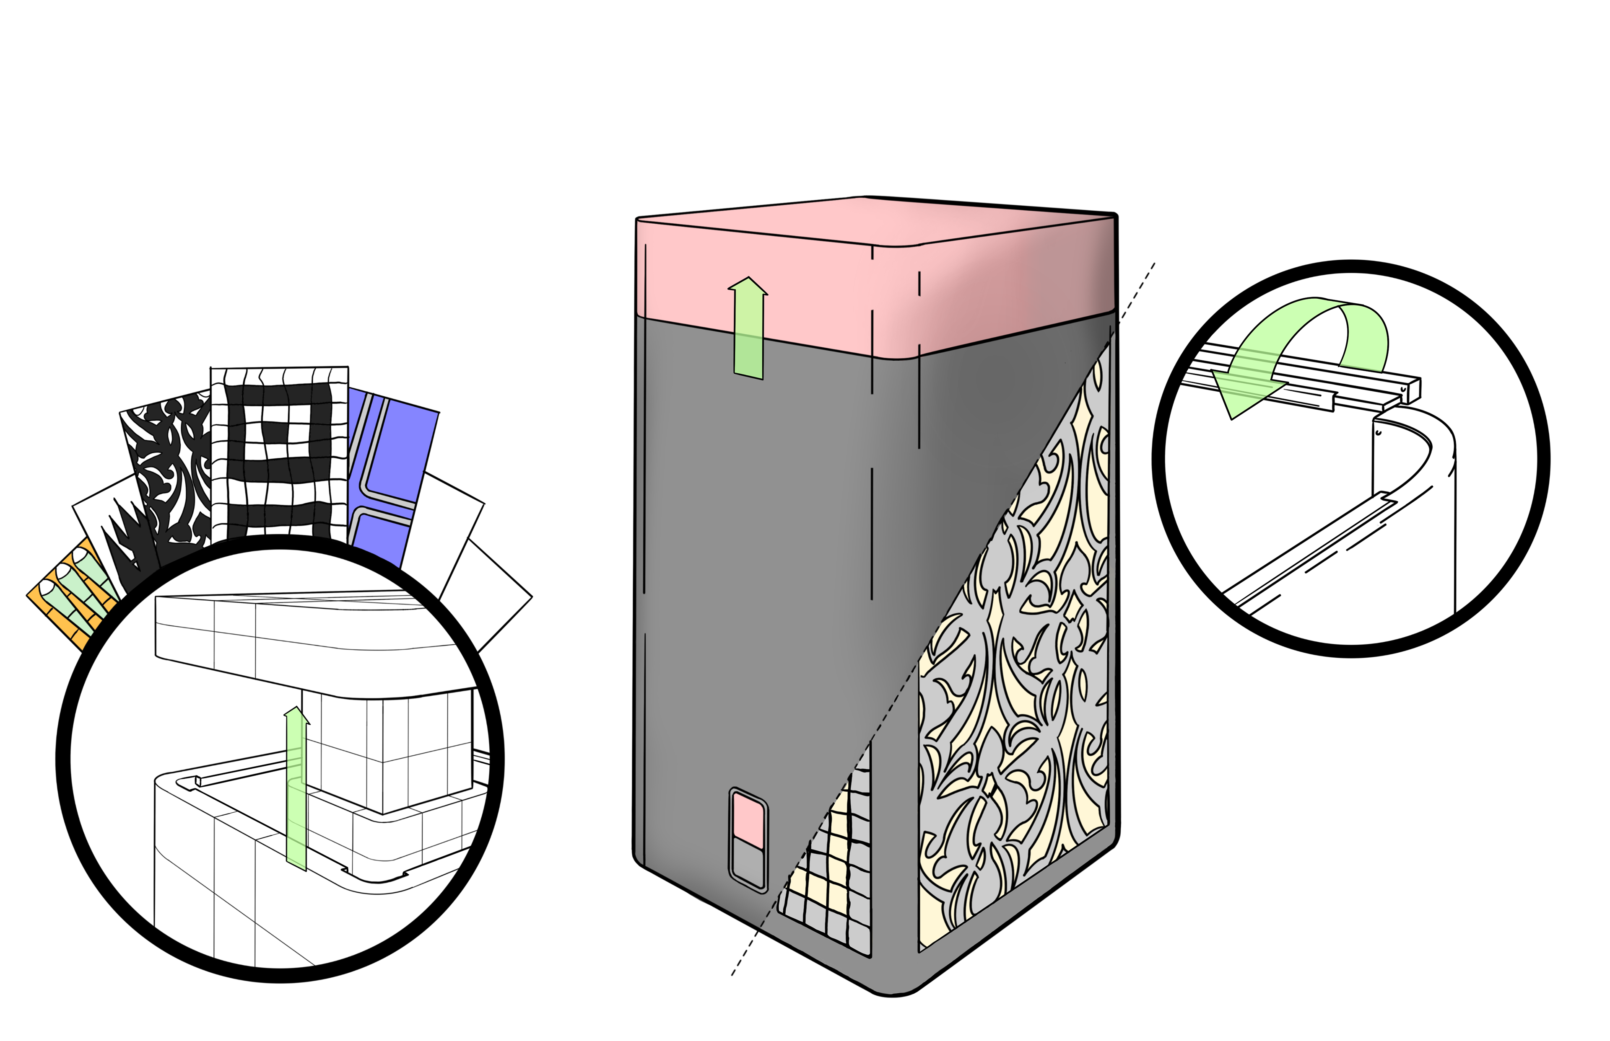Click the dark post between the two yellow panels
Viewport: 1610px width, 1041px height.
[x=894, y=845]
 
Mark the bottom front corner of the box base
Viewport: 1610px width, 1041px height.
[x=893, y=988]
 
